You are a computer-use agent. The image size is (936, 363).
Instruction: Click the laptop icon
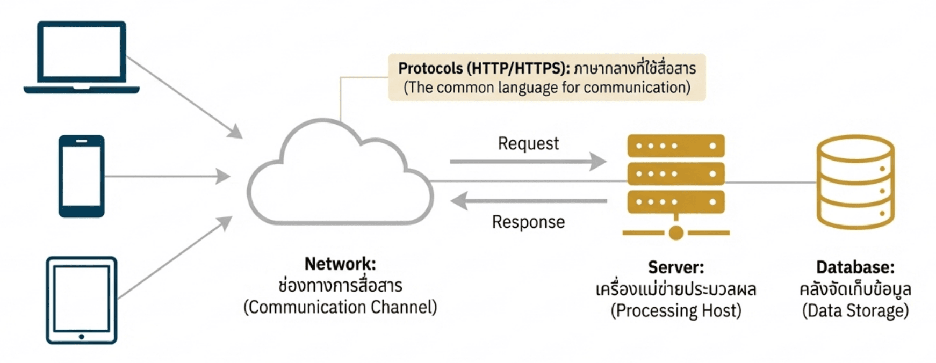[x=82, y=56]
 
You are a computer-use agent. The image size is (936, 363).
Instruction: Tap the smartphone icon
[x=82, y=176]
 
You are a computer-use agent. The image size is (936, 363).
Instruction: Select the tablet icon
[x=82, y=300]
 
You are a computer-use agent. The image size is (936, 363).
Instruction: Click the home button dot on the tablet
[x=82, y=337]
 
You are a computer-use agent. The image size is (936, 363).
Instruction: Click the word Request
[x=528, y=143]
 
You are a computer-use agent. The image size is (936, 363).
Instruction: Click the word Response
[x=528, y=222]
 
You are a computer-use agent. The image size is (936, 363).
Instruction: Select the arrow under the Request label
[x=528, y=161]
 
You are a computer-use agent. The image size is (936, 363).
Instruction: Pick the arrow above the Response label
[x=528, y=201]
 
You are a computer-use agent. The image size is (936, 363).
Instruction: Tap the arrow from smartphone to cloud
[x=167, y=176]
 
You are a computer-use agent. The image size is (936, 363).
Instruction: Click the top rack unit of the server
[x=676, y=146]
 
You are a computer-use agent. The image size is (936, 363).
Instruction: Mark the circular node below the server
[x=676, y=233]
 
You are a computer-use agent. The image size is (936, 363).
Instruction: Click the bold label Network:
[x=340, y=264]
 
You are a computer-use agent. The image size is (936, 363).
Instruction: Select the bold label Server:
[x=675, y=267]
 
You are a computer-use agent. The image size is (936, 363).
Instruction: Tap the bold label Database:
[x=855, y=267]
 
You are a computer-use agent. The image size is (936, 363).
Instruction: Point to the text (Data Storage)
[x=855, y=310]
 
